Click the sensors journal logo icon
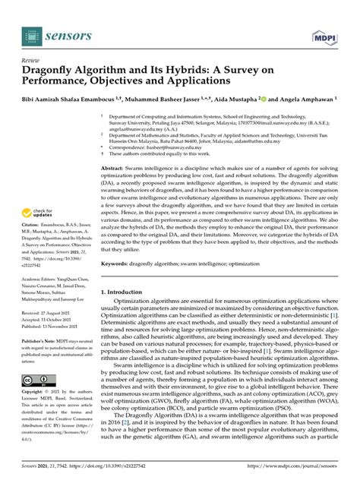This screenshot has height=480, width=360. click(x=30, y=35)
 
